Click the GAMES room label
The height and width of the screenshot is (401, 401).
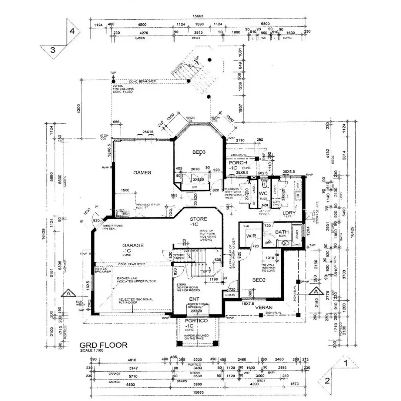tap(142, 172)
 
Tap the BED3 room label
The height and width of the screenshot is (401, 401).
tap(199, 152)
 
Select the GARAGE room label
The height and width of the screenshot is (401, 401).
tap(133, 245)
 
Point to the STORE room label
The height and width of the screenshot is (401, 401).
tap(198, 219)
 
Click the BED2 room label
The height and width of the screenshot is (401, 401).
tap(259, 280)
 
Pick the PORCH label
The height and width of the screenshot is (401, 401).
tap(238, 163)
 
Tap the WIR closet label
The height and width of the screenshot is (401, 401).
tap(251, 236)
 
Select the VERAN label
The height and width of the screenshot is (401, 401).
tap(264, 307)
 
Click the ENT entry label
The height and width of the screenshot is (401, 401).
tap(194, 299)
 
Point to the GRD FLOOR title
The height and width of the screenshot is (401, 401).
tap(103, 345)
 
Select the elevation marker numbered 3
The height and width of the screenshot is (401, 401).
tap(52, 50)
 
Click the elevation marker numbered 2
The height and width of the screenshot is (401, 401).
tap(327, 381)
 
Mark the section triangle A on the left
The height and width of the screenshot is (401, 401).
tap(68, 294)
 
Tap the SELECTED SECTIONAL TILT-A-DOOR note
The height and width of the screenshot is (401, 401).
tap(136, 301)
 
